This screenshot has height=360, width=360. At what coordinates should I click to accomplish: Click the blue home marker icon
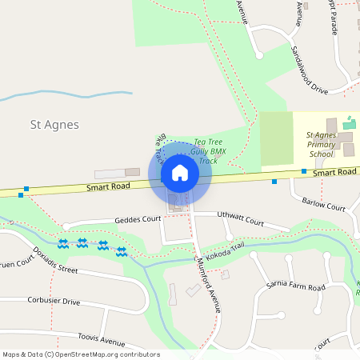pos(180,173)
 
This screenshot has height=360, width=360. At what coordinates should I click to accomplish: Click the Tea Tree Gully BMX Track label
pos(205,151)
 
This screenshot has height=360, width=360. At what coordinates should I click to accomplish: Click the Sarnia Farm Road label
pos(295,286)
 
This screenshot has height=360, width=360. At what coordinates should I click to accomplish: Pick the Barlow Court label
pos(324,205)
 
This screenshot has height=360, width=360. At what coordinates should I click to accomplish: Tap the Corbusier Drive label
pos(54,302)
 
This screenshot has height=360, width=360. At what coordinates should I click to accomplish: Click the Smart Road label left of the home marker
pos(109,188)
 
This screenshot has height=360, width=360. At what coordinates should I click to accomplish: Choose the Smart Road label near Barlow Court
pos(334,172)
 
